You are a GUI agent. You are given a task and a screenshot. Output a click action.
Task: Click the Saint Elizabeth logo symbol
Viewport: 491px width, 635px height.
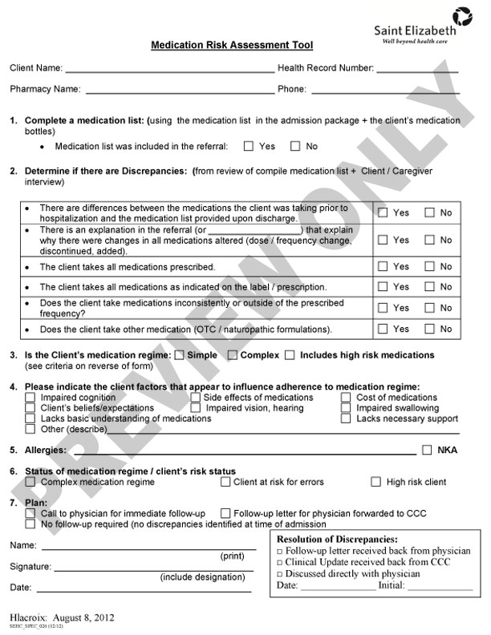462,15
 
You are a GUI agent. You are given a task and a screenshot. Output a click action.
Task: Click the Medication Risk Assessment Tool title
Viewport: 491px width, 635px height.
232,46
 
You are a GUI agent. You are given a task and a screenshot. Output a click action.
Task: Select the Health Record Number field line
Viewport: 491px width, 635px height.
417,69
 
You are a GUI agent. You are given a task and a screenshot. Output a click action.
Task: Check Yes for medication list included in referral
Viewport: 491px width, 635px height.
249,147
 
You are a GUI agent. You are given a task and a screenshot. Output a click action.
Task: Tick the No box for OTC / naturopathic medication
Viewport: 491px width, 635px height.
430,329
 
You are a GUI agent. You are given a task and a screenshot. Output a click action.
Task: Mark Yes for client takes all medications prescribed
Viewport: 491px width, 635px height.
383,266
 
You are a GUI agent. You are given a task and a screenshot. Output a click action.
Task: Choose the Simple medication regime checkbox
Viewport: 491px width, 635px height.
179,355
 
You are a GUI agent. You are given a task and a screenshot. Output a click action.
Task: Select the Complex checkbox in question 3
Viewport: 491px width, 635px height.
232,355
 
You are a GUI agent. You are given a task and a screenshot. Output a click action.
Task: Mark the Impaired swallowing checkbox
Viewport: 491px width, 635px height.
347,408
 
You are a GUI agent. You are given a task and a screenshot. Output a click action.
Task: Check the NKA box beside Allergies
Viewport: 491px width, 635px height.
427,450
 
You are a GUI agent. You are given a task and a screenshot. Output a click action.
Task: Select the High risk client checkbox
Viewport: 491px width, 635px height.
375,482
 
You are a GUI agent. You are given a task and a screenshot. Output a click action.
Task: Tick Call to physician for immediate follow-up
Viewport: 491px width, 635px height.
30,513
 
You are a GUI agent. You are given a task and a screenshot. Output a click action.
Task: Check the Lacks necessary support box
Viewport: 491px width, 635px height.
347,419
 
